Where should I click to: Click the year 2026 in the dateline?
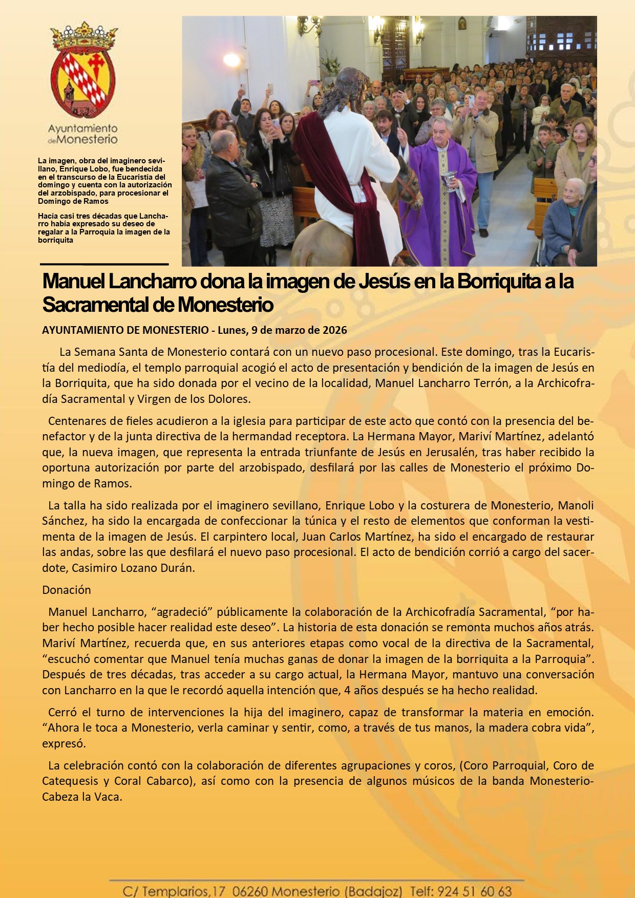pos(334,330)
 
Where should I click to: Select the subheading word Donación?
pos(67,590)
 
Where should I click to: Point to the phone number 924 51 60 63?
pos(475,891)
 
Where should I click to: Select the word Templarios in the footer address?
pos(175,891)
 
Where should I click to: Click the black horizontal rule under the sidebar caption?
pos(104,264)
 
